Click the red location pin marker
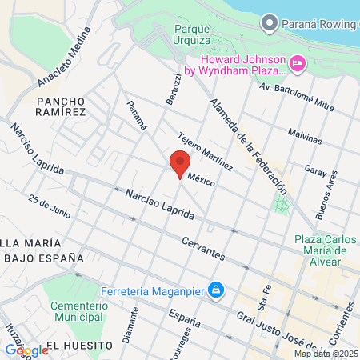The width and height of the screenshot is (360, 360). tap(180, 162)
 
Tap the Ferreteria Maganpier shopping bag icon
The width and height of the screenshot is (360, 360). tap(215, 289)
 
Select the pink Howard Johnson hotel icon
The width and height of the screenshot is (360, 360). tap(297, 62)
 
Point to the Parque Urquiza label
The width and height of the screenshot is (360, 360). tap(192, 34)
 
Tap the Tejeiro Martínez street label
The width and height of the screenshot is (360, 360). tap(206, 151)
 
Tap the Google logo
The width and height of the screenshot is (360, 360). tap(26, 350)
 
